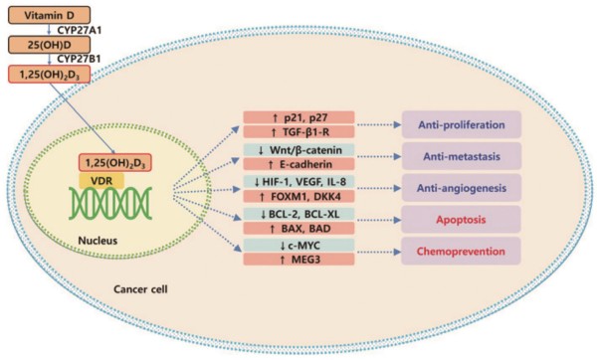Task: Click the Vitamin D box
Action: [49, 15]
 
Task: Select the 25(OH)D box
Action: [49, 45]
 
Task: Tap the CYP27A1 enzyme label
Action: [80, 30]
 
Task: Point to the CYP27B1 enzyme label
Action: [80, 60]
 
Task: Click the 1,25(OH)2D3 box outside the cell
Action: [49, 75]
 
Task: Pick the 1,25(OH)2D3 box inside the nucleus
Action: [115, 163]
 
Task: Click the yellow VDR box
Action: [101, 180]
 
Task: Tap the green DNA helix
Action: [110, 203]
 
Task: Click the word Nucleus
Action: [98, 241]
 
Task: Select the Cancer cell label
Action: [140, 289]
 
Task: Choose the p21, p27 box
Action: [298, 117]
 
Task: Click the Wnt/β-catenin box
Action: [298, 150]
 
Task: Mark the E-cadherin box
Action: [298, 164]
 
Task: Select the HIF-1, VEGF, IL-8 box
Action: [298, 182]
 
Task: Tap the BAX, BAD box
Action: [298, 229]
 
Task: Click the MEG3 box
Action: [298, 260]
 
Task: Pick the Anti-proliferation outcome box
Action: [462, 125]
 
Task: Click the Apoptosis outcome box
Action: [461, 220]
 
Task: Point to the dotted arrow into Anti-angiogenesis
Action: [379, 188]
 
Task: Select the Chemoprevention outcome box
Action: [461, 252]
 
